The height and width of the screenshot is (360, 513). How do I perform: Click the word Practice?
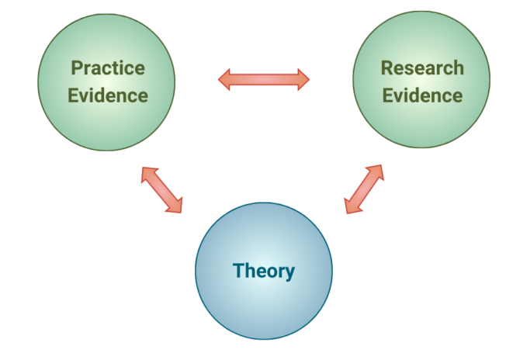click(x=108, y=68)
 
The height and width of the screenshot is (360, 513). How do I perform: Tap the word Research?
click(x=422, y=68)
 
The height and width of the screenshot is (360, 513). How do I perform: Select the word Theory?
click(x=264, y=271)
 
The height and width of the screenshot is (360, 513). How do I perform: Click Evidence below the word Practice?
click(x=108, y=95)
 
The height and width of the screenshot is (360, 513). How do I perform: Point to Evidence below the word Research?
click(x=422, y=95)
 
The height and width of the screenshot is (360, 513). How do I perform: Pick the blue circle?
click(x=264, y=271)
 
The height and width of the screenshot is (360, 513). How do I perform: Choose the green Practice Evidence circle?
click(x=106, y=82)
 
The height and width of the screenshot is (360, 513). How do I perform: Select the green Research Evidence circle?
click(x=421, y=79)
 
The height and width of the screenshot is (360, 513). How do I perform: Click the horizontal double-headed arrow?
click(x=264, y=79)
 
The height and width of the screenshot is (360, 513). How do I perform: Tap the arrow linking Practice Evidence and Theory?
click(x=161, y=190)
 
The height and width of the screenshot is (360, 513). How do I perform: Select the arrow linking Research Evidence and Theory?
click(x=364, y=189)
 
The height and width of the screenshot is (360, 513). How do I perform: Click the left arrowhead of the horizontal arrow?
click(x=224, y=79)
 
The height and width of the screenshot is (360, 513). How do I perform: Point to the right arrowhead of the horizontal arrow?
click(x=303, y=79)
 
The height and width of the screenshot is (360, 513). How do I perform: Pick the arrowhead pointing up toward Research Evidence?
click(x=377, y=171)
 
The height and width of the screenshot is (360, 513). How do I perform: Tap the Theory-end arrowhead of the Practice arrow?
click(x=176, y=206)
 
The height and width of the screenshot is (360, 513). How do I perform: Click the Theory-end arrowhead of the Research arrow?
click(x=351, y=207)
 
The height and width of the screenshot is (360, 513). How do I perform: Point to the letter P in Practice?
click(x=77, y=68)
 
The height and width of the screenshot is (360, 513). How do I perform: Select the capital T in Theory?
click(x=239, y=271)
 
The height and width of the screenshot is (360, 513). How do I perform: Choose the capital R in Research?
click(x=387, y=68)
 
